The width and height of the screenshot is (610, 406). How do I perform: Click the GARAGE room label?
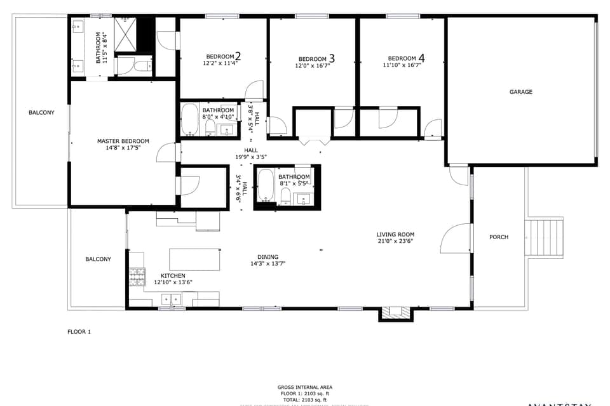[520, 92]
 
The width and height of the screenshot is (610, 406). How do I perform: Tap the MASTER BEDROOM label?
[123, 141]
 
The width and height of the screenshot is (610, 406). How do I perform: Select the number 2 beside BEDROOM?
[238, 56]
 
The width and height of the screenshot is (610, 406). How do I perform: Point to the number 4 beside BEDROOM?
[421, 58]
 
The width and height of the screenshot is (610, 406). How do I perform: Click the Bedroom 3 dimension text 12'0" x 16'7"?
[312, 65]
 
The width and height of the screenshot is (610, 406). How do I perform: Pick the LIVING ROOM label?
[395, 235]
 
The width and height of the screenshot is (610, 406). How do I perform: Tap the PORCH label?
[499, 237]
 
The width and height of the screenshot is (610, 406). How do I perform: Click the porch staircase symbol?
[544, 237]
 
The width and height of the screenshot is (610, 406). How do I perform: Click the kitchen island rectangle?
[194, 259]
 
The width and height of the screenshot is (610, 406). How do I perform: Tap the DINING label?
[268, 257]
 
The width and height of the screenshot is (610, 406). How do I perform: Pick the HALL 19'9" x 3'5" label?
[251, 153]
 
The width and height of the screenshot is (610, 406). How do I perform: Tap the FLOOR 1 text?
[79, 331]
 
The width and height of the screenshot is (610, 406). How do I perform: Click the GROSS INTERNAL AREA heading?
[304, 387]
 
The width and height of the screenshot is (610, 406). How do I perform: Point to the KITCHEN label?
[173, 275]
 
